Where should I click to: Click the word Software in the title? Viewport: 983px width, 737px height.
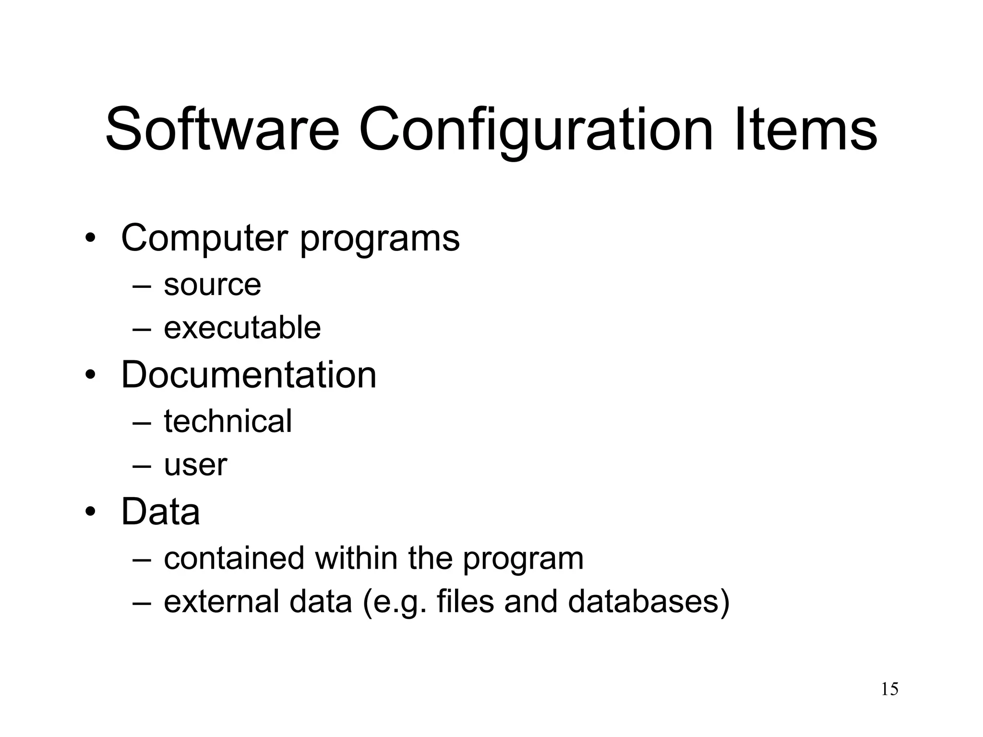point(222,130)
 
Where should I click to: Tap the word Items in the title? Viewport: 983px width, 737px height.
point(806,130)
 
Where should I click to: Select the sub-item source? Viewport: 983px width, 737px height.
point(212,285)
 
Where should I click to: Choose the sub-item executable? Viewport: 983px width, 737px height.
point(242,328)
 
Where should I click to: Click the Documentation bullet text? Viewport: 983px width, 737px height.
point(249,375)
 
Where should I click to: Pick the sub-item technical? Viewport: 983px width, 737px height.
point(228,421)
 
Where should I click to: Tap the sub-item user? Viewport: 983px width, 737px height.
point(195,465)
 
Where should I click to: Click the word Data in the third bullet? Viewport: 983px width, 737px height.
point(160,511)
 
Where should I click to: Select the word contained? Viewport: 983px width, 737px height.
point(234,558)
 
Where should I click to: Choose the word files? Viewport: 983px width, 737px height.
point(465,601)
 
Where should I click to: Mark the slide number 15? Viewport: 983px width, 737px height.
point(889,689)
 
